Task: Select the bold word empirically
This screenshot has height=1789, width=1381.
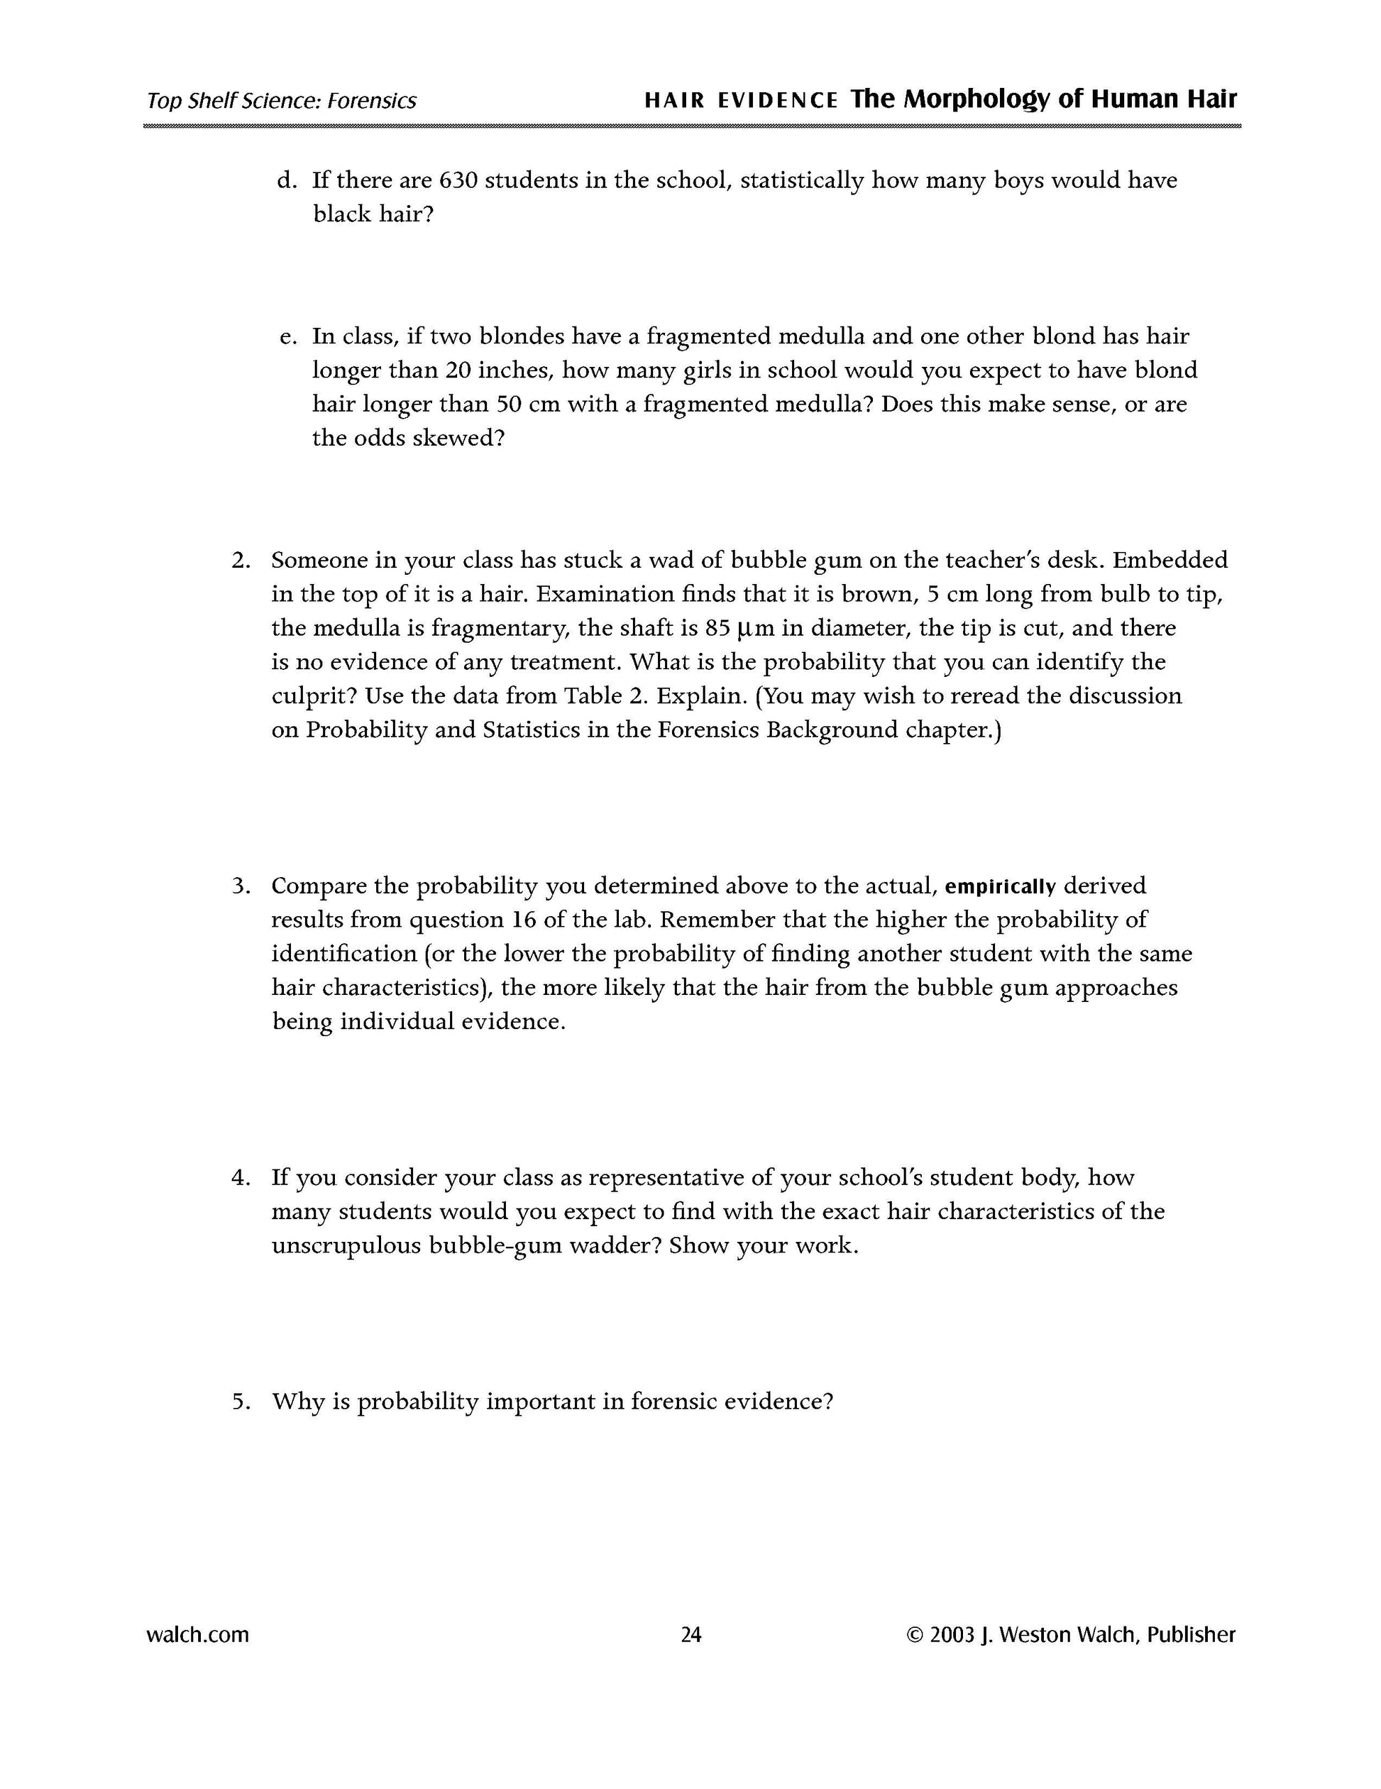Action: pos(1000,886)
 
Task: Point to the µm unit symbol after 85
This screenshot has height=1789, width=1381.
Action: pos(754,628)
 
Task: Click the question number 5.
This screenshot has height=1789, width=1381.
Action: pos(240,1402)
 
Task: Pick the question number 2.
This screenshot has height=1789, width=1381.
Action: pos(240,561)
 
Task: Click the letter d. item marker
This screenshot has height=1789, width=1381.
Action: pos(286,180)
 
